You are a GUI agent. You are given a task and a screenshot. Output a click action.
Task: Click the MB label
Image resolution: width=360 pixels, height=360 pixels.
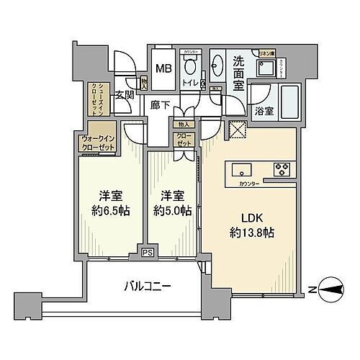click(x=163, y=69)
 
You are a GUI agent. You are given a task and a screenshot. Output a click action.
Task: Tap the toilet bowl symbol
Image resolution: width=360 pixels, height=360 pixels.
click(x=190, y=69)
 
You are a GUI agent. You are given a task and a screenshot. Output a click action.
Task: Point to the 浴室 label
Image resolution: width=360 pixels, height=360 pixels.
click(x=264, y=110)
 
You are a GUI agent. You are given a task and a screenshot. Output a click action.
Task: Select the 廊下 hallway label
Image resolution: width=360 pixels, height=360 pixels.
click(x=160, y=104)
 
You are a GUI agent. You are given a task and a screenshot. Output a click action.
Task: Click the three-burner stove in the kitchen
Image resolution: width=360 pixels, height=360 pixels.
click(x=279, y=171)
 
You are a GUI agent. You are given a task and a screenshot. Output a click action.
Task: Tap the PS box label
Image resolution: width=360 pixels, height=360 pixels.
click(x=146, y=253)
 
